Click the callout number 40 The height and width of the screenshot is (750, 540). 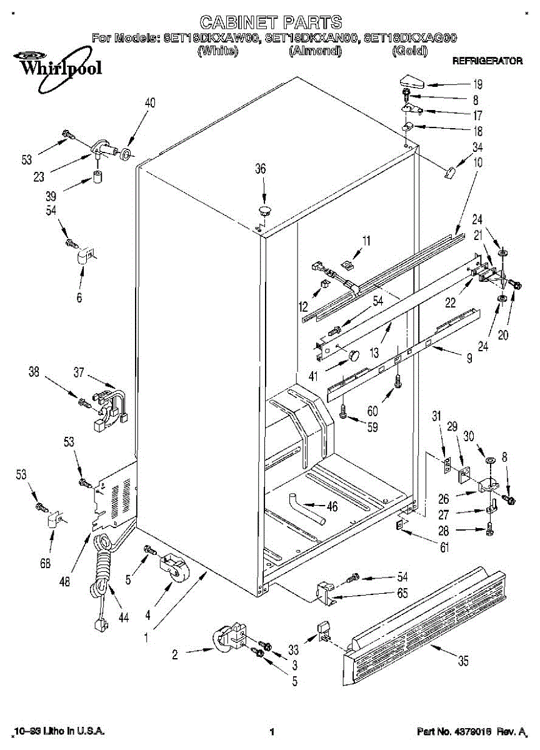(x=150, y=103)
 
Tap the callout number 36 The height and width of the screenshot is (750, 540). (x=260, y=168)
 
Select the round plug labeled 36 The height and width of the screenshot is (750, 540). (x=265, y=208)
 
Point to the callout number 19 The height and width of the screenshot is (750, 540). (x=477, y=84)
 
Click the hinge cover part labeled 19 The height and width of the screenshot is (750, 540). (x=411, y=81)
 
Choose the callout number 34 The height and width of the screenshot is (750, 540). (x=477, y=148)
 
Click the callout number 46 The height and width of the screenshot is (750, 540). (x=332, y=506)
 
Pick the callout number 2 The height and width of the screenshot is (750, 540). (x=176, y=654)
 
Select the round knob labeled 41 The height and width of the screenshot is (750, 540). (x=354, y=356)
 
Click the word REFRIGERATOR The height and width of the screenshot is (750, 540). (x=487, y=62)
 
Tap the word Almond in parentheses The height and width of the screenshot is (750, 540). (x=315, y=51)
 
